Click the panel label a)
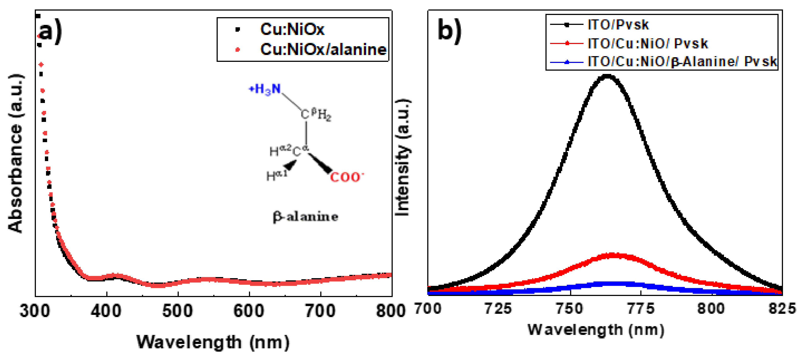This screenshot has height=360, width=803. point(50,31)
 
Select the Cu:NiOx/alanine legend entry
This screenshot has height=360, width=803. point(323,50)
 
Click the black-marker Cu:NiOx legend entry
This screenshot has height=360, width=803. point(292,29)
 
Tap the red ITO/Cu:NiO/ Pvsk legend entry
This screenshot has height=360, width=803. point(647,43)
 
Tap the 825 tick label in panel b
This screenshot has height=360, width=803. point(782,309)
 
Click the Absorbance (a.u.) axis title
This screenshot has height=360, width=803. point(16,153)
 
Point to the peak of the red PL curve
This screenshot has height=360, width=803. point(613,255)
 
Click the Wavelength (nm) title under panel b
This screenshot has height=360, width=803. point(595,330)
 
